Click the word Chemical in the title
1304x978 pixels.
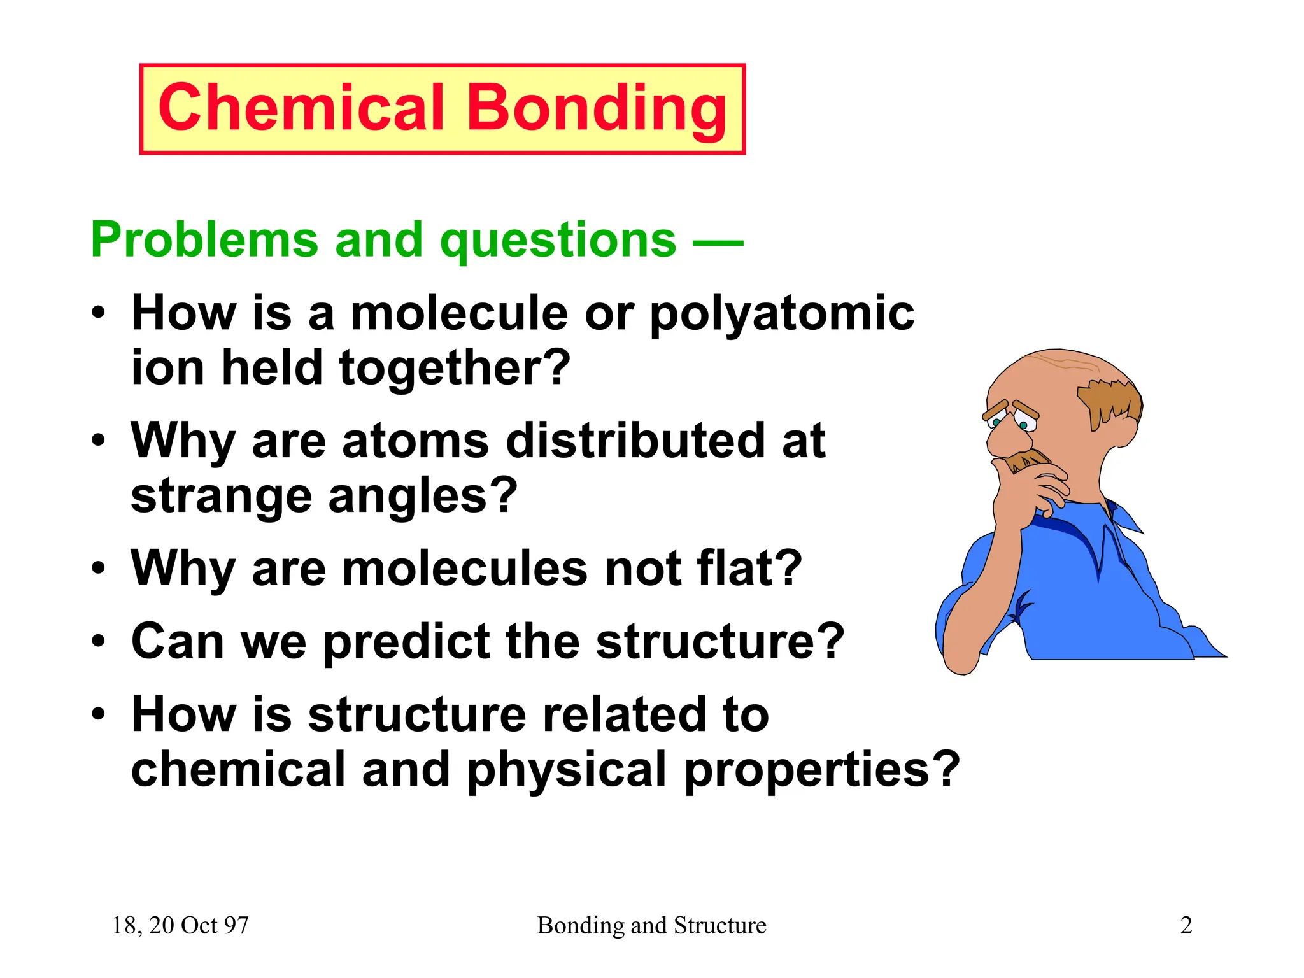point(301,108)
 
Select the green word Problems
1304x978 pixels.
point(204,240)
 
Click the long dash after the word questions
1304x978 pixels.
point(718,243)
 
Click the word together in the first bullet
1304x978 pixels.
point(455,369)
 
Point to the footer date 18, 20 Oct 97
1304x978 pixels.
point(180,925)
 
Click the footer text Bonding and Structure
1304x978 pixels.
point(651,925)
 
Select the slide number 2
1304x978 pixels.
point(1186,925)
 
